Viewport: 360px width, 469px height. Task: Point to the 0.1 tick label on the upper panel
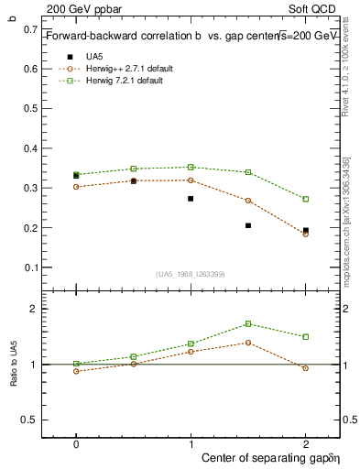pyautogui.click(x=32, y=267)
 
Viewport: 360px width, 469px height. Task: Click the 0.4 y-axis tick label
pyautogui.click(x=32, y=148)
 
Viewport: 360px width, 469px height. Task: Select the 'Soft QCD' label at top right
pyautogui.click(x=316, y=7)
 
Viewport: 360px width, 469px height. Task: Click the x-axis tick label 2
pyautogui.click(x=305, y=443)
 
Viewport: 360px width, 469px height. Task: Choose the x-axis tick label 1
pyautogui.click(x=191, y=443)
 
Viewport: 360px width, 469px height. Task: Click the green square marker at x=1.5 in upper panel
pyautogui.click(x=248, y=172)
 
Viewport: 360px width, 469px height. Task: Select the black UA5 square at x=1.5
pyautogui.click(x=248, y=225)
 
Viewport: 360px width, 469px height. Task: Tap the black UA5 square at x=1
pyautogui.click(x=191, y=198)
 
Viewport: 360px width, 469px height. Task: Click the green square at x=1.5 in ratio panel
pyautogui.click(x=248, y=323)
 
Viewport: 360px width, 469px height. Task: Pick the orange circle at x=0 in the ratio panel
pyautogui.click(x=76, y=371)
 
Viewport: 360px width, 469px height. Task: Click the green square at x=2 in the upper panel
pyautogui.click(x=305, y=199)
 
